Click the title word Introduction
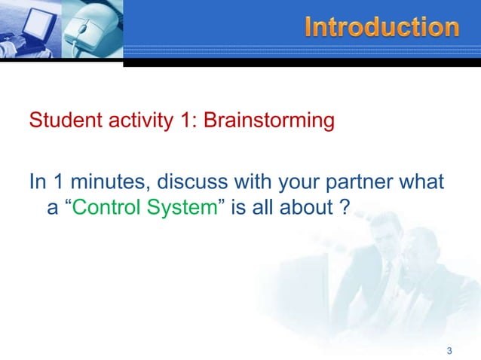(x=382, y=28)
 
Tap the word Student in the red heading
(x=60, y=120)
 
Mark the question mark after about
(x=345, y=207)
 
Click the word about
(x=311, y=207)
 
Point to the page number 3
(x=449, y=350)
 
